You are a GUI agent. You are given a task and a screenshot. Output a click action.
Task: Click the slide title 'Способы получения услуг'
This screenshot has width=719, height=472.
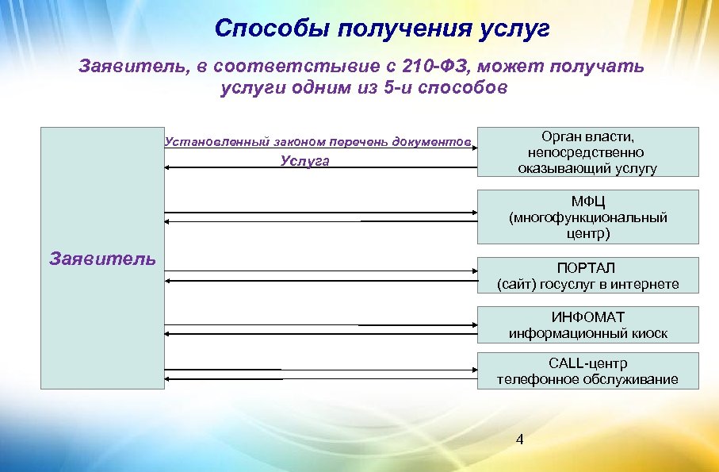pyautogui.click(x=381, y=29)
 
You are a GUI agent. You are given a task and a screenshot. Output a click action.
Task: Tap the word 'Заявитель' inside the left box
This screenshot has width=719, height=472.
pyautogui.click(x=102, y=259)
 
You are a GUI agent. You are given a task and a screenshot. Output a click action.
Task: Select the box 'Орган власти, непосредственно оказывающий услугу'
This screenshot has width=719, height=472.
pyautogui.click(x=587, y=152)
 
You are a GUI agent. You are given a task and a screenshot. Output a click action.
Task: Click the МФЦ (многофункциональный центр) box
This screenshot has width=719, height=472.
pyautogui.click(x=587, y=217)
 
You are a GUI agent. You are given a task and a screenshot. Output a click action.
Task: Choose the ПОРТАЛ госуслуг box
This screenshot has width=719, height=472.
pyautogui.click(x=587, y=275)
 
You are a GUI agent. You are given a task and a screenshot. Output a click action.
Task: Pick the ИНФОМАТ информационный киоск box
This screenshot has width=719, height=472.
pyautogui.click(x=587, y=325)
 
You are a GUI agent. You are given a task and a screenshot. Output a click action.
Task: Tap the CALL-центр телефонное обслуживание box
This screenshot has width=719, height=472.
pyautogui.click(x=587, y=371)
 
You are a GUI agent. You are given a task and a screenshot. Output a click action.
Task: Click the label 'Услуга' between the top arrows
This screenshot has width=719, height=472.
pyautogui.click(x=304, y=161)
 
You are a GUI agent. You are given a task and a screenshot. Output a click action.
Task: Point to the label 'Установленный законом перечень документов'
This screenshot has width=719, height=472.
pyautogui.click(x=317, y=141)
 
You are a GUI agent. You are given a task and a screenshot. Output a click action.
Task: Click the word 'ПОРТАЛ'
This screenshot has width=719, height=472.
pyautogui.click(x=587, y=267)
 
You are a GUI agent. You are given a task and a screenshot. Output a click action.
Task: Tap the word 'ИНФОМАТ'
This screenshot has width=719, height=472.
pyautogui.click(x=587, y=317)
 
